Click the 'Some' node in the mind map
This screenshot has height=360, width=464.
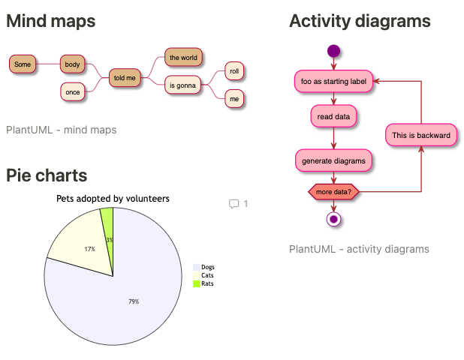(x=23, y=64)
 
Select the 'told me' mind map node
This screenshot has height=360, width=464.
(x=125, y=77)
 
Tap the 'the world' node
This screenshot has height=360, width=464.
(x=183, y=57)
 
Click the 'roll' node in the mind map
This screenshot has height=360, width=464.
(x=234, y=71)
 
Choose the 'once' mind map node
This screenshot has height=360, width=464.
(x=73, y=91)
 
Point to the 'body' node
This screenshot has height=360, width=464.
(x=73, y=64)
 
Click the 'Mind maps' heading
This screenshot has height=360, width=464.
(x=51, y=21)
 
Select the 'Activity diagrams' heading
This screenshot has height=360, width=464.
(x=360, y=21)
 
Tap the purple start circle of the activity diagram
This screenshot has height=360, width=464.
(x=333, y=52)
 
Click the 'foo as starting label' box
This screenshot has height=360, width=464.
(x=334, y=81)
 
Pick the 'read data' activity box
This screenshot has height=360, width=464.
(x=334, y=116)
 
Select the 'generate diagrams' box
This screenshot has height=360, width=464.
(x=334, y=160)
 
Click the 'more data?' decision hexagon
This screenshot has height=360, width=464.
(x=334, y=192)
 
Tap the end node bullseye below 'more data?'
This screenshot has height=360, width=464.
(x=334, y=219)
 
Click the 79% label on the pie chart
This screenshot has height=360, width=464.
(x=134, y=301)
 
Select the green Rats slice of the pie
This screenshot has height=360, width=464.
(x=107, y=221)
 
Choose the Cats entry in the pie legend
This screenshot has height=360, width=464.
(x=208, y=275)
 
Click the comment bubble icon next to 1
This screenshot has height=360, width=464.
(x=234, y=204)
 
